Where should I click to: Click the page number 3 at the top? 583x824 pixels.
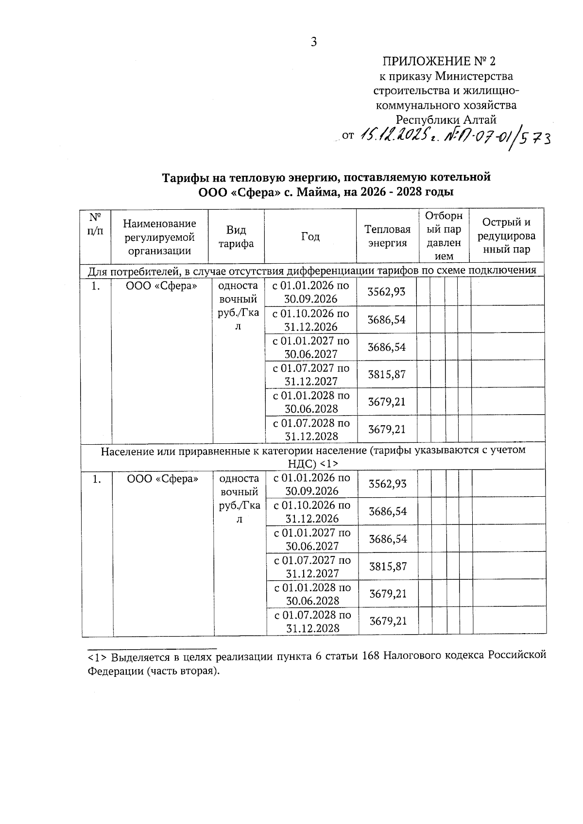[314, 42]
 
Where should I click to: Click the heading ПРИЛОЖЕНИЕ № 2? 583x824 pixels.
[439, 61]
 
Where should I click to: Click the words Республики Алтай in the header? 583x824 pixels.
[446, 119]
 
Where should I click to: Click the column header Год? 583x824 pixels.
[310, 236]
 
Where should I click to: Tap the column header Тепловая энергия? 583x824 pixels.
[387, 236]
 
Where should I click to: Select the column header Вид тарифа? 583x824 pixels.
[236, 236]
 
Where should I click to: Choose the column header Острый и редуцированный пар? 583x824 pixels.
[506, 236]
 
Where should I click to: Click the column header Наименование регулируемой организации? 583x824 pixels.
[159, 237]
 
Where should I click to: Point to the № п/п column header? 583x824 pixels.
[96, 224]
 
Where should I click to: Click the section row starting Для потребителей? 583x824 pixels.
[312, 270]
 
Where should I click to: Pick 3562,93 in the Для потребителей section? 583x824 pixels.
[386, 292]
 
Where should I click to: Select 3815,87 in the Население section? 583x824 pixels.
[388, 566]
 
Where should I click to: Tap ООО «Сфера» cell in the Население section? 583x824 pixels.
[163, 479]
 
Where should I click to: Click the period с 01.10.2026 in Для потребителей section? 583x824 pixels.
[310, 320]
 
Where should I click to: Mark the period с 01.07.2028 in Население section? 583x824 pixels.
[312, 622]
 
